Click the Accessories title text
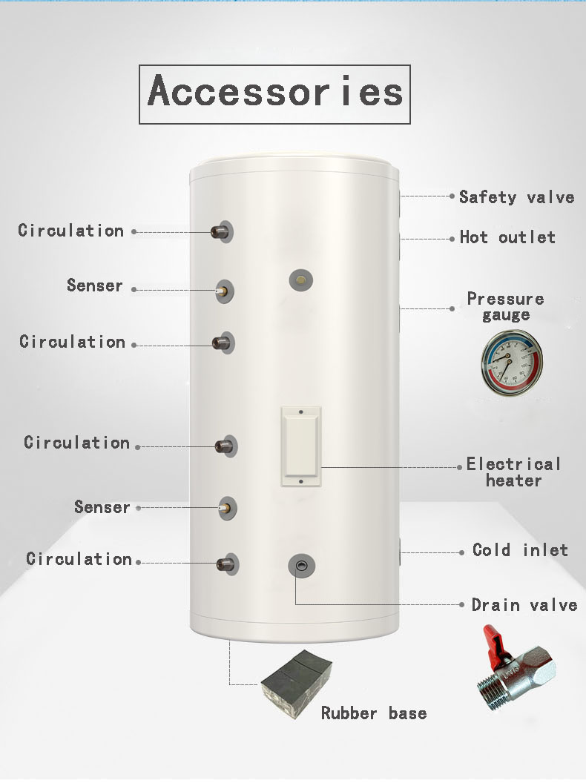(274, 91)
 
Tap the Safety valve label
(516, 196)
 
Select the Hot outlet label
(507, 237)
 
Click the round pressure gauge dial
(512, 362)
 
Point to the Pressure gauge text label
(505, 307)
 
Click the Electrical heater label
(513, 472)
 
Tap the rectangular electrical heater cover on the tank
(300, 446)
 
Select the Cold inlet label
(520, 549)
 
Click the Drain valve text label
(524, 605)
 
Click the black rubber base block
(296, 683)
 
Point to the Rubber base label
(374, 713)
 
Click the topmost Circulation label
(71, 230)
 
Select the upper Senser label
(94, 285)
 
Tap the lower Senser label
(102, 507)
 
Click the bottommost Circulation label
(79, 559)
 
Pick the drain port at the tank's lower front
(302, 566)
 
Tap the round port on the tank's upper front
(301, 280)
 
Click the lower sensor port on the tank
(227, 509)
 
